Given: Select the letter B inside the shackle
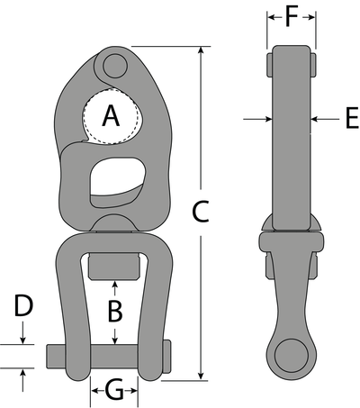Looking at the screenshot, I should point(114,312).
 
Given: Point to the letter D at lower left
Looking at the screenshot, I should point(24,306).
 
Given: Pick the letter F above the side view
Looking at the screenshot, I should point(290,15).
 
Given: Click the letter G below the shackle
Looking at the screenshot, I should point(114,391).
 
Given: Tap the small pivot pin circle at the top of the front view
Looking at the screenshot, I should point(113,65).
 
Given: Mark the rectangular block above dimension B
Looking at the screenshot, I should point(114,267).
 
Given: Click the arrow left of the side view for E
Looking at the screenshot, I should point(261,118).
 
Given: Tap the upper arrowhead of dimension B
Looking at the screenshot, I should point(114,285).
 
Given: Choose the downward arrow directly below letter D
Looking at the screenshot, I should point(24,339).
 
